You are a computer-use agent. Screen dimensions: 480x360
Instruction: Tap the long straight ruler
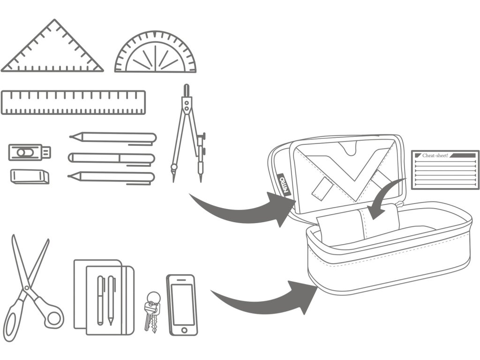[x=73, y=103]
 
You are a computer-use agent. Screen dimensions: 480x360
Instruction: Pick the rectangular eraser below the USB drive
[x=30, y=176]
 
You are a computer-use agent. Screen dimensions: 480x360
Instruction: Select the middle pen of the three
[x=112, y=158]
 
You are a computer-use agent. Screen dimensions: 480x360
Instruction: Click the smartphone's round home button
[x=182, y=330]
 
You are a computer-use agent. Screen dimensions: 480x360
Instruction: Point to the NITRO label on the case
[x=282, y=185]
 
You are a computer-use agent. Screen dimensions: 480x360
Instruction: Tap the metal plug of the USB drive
[x=47, y=152]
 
